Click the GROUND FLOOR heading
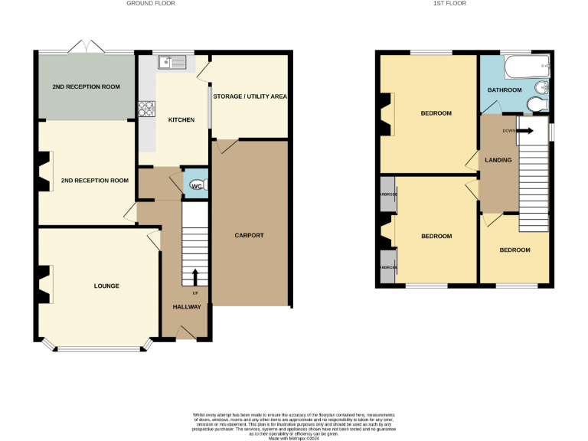151,4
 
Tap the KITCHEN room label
181,120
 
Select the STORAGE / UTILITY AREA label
250,96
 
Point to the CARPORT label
249,235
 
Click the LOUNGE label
106,286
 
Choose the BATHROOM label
505,90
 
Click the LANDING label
498,158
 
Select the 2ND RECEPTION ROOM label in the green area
86,87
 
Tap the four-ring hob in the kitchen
146,109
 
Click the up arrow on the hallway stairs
194,276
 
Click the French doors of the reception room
87,47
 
